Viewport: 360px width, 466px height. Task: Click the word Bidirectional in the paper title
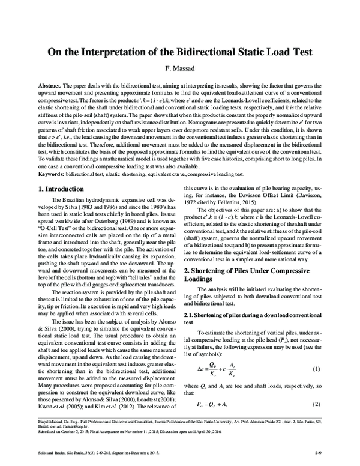tap(202, 52)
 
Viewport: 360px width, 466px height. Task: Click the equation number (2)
tap(325, 387)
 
